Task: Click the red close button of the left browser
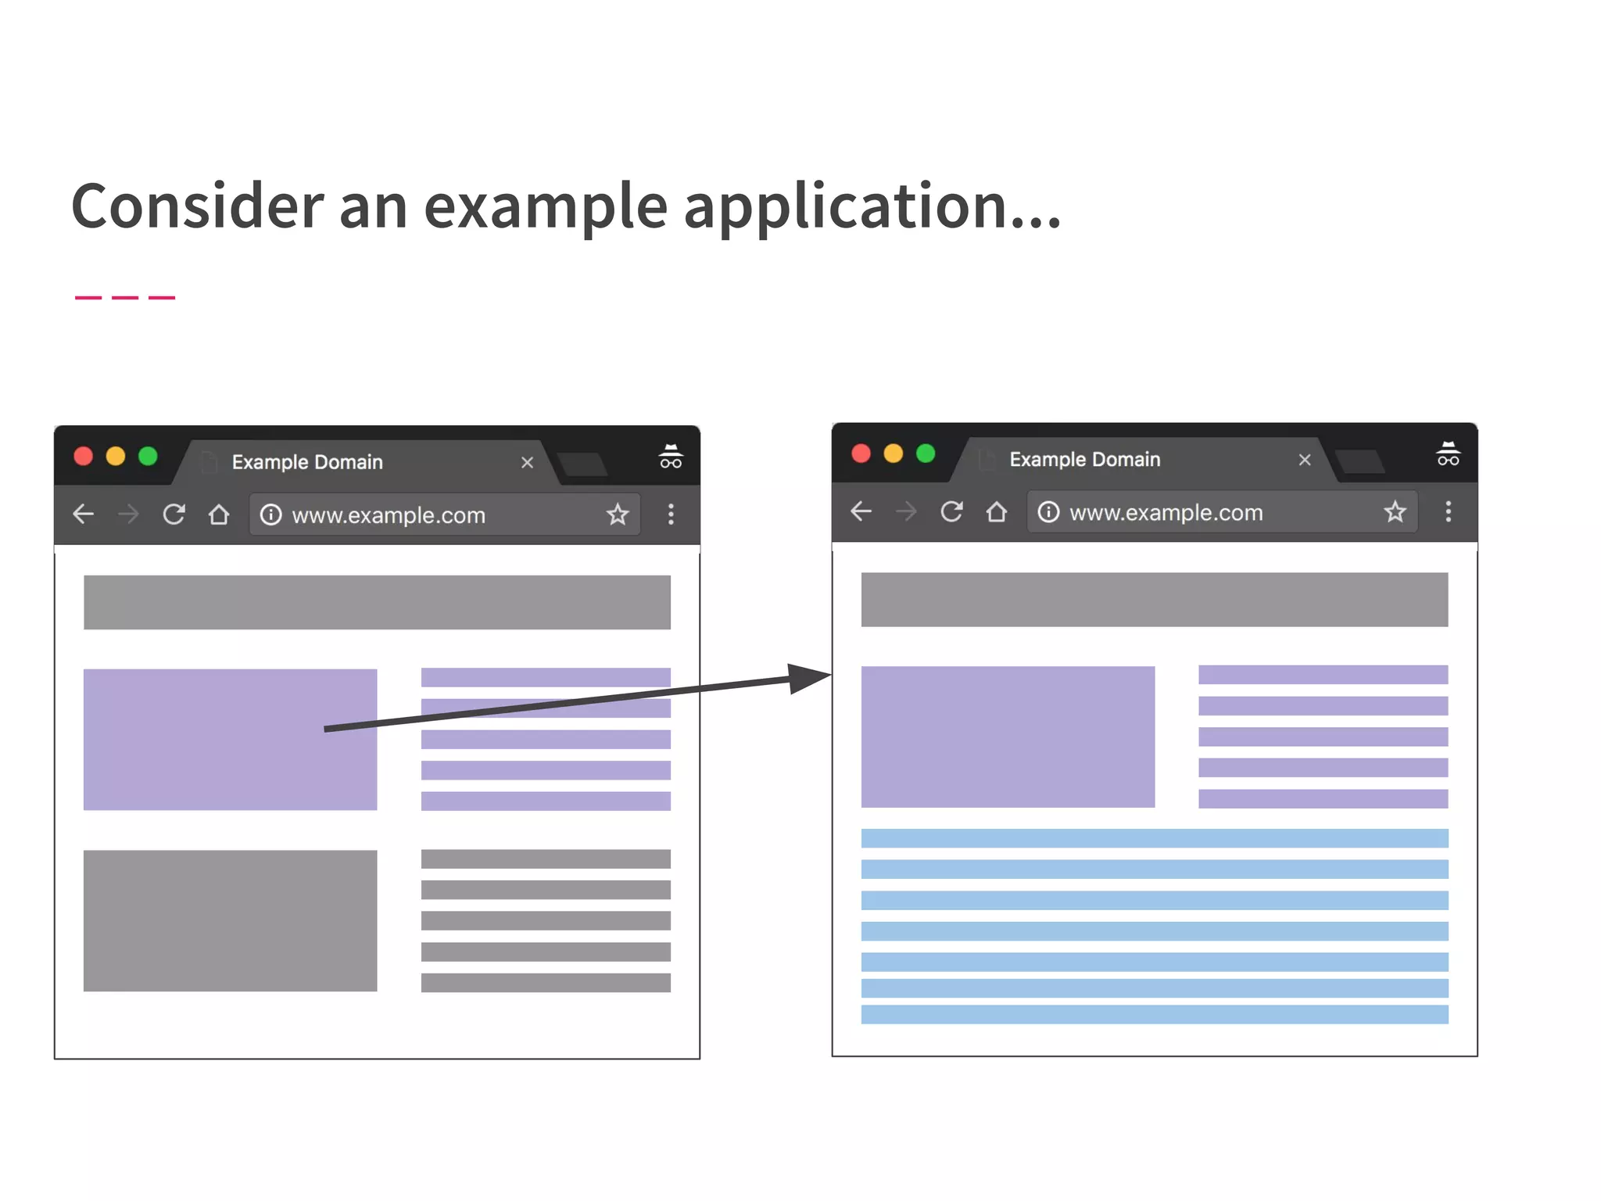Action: pyautogui.click(x=83, y=457)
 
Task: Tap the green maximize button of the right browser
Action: pyautogui.click(x=926, y=454)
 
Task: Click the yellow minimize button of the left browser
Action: pyautogui.click(x=116, y=457)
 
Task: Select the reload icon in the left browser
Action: pyautogui.click(x=174, y=514)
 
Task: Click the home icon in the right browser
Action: pyautogui.click(x=996, y=512)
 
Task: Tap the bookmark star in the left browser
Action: pyautogui.click(x=618, y=514)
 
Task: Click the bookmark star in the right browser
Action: pyautogui.click(x=1395, y=512)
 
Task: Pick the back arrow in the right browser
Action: pyautogui.click(x=861, y=512)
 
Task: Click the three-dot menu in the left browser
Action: pyautogui.click(x=671, y=514)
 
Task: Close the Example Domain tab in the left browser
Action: pyautogui.click(x=527, y=463)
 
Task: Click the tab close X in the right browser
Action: pyautogui.click(x=1304, y=460)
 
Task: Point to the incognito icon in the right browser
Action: pyautogui.click(x=1448, y=454)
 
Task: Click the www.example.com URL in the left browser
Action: pyautogui.click(x=389, y=515)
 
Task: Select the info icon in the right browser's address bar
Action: pyautogui.click(x=1048, y=512)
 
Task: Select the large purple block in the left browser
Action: pyautogui.click(x=230, y=739)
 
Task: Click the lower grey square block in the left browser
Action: pyautogui.click(x=230, y=920)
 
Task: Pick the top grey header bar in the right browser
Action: pyautogui.click(x=1154, y=600)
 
